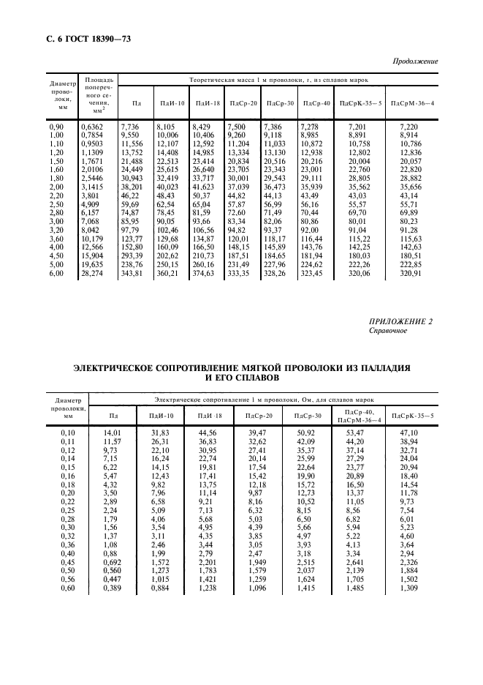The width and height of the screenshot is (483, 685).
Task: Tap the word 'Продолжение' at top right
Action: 416,61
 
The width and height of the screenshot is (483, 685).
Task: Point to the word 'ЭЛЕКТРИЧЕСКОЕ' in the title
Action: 129,367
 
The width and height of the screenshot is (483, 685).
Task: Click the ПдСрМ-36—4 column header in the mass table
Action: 413,103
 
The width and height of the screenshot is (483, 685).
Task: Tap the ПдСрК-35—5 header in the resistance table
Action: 413,416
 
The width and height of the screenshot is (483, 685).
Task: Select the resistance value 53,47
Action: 354,433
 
